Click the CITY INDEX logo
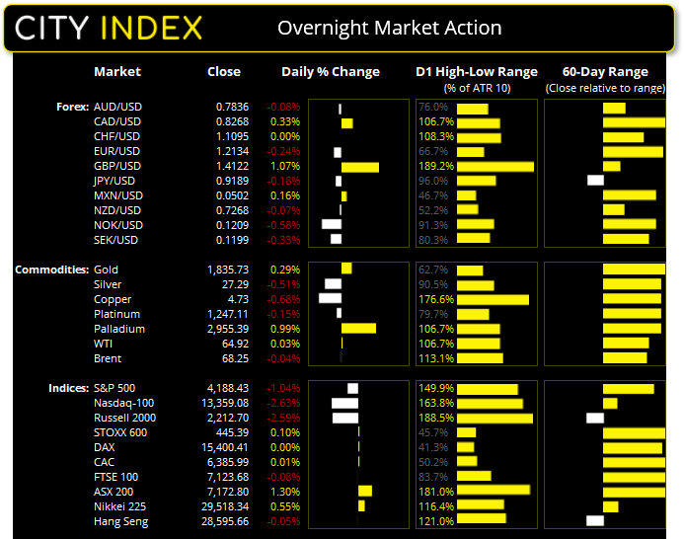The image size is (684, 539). tap(110, 28)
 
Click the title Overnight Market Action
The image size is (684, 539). tap(389, 28)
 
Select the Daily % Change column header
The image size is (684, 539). tap(331, 72)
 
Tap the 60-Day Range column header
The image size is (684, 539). tap(605, 72)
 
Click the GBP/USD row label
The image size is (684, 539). tap(118, 166)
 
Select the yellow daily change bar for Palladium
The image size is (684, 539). tap(358, 329)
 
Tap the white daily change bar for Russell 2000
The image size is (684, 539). tap(345, 418)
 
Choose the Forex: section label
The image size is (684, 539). tap(73, 107)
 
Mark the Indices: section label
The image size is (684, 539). tap(67, 388)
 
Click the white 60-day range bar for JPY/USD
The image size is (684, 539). tap(595, 181)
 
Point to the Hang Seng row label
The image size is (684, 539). tap(121, 521)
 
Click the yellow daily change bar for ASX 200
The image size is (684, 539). tap(365, 492)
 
